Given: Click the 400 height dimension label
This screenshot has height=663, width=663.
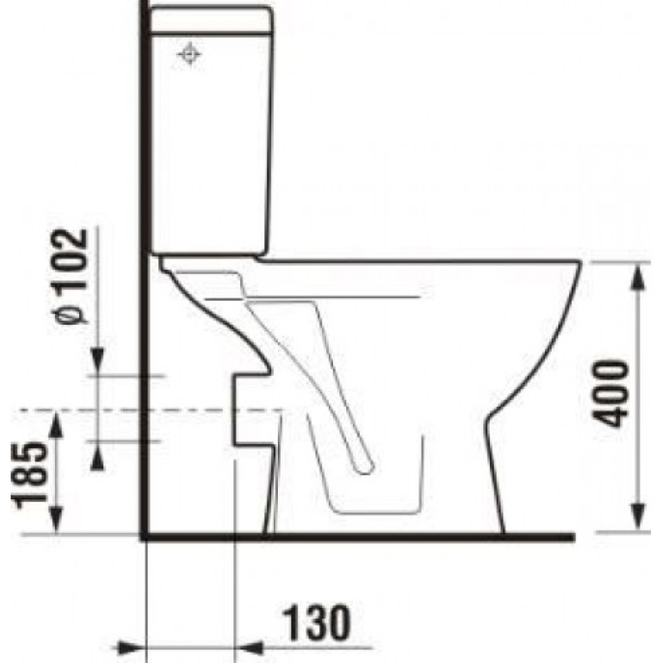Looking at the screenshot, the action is (610, 393).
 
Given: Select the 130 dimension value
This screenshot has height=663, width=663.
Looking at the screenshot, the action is (316, 623).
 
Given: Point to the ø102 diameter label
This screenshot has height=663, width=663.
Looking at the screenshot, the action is (71, 276).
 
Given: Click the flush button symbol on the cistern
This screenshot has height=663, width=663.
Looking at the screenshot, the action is (188, 54).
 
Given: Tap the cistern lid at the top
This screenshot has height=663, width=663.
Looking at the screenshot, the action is (211, 20).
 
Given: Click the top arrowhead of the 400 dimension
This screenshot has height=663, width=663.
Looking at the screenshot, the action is (638, 278).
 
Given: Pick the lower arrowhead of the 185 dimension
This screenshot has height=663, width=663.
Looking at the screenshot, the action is (56, 520).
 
